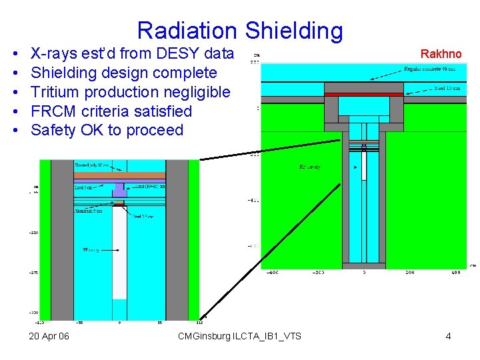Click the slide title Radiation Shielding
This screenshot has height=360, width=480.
240,30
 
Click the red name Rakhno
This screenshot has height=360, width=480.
440,53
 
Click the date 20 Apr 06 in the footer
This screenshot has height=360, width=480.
49,336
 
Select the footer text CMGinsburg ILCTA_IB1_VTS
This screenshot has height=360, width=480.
239,336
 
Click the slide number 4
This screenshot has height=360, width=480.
448,336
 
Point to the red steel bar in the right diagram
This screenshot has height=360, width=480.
363,95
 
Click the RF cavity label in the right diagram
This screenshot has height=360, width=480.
310,167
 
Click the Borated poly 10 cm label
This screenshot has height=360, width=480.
91,165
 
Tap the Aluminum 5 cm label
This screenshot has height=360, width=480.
89,211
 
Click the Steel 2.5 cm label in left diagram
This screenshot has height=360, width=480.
142,217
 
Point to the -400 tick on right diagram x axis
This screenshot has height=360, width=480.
273,273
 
